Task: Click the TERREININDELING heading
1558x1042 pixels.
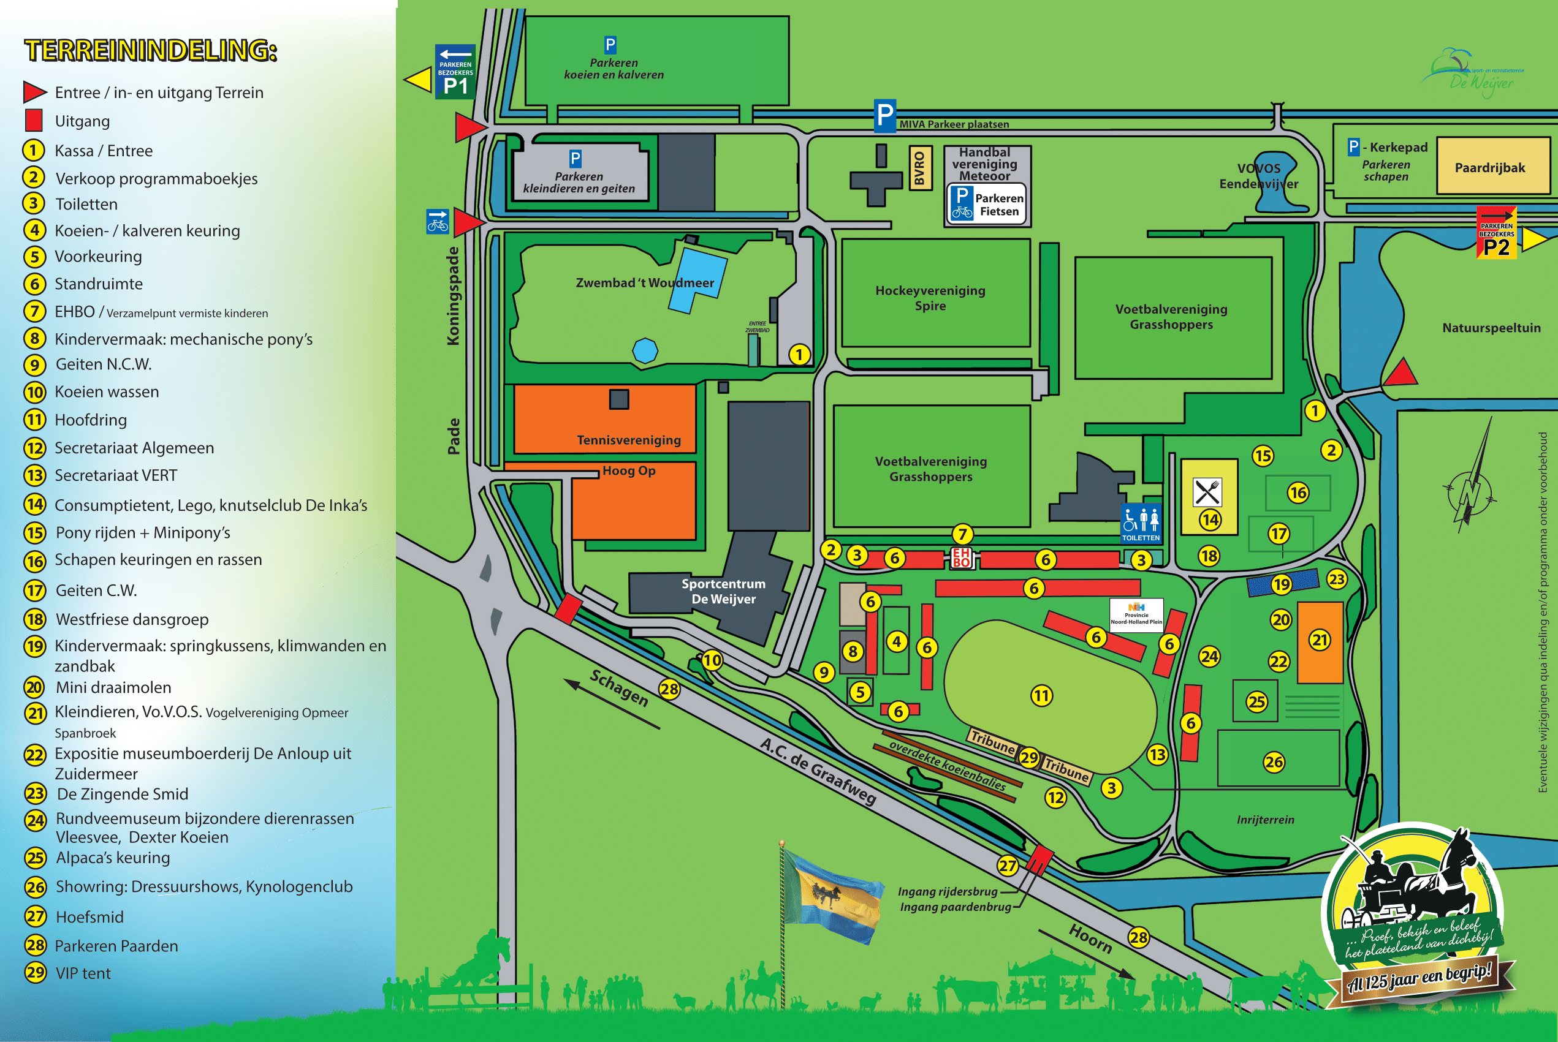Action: [x=150, y=50]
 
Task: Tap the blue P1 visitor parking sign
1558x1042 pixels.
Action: [x=455, y=72]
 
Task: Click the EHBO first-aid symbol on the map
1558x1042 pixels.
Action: [x=962, y=557]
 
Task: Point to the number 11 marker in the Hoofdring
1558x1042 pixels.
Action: [x=1041, y=696]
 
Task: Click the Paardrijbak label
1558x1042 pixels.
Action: [x=1489, y=167]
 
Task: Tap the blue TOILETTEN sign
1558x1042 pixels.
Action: [x=1141, y=524]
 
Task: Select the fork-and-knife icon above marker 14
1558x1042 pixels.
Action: [x=1207, y=493]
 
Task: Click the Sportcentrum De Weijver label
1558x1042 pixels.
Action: [x=723, y=591]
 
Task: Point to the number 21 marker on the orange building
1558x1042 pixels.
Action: [x=1320, y=640]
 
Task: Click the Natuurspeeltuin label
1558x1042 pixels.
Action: [x=1491, y=328]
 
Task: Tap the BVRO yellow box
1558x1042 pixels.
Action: [x=919, y=167]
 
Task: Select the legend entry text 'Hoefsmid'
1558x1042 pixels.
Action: [x=89, y=917]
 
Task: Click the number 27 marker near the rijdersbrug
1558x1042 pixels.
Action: [x=1008, y=865]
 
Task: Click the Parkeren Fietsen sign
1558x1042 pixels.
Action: [x=987, y=205]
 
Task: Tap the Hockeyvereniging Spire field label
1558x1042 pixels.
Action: [x=930, y=298]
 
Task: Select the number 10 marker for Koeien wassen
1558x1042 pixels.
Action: [x=712, y=660]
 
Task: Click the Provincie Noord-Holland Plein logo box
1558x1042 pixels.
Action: [x=1136, y=614]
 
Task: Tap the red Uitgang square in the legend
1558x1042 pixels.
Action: [x=34, y=121]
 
